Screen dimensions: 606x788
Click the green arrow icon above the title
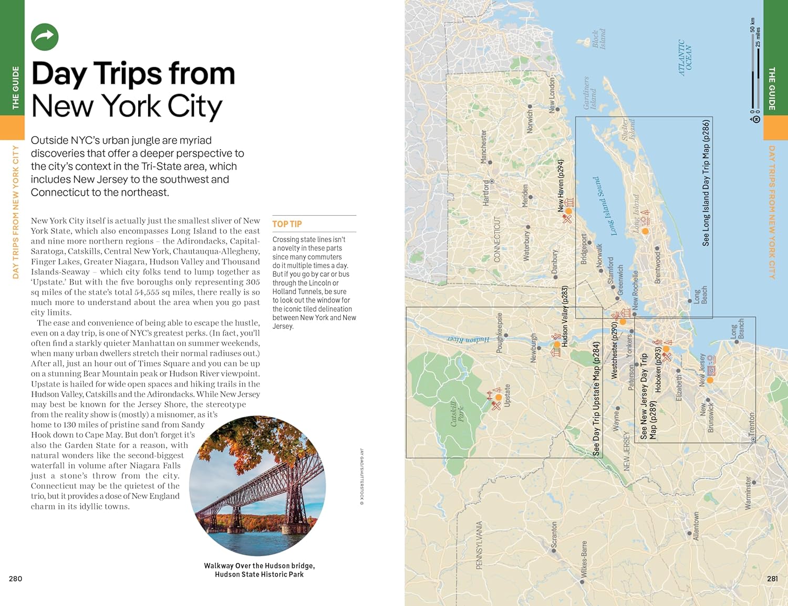coord(45,37)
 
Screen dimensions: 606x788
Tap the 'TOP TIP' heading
coord(287,224)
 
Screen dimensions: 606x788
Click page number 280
coord(16,579)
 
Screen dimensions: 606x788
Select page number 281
coord(772,579)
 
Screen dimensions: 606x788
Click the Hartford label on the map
coord(486,192)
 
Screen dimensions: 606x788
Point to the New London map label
coord(552,95)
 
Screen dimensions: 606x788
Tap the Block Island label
coord(598,39)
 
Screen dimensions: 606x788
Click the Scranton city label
coord(554,536)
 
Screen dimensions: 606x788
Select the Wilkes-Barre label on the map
coord(584,559)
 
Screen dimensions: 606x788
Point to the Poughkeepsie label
coord(500,332)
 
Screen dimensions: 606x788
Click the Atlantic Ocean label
coord(685,58)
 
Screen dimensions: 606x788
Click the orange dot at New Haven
coord(568,211)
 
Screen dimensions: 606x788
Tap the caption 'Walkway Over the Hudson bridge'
coord(260,566)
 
